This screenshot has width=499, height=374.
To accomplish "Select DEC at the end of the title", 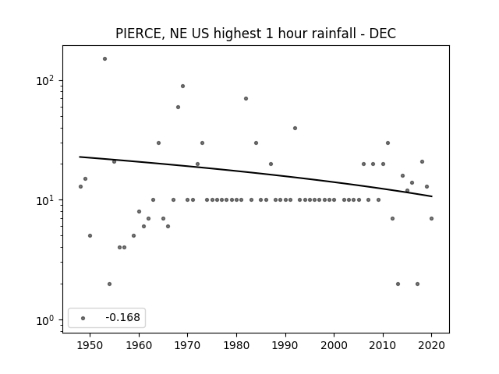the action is point(383,34).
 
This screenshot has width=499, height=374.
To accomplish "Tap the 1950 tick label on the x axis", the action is point(90,345).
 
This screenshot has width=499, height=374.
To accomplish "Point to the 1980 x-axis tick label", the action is point(236,345).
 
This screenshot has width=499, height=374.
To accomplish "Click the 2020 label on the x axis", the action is point(431,345).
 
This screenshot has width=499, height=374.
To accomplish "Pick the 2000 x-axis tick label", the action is point(334,345).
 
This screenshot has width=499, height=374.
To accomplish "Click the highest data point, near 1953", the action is point(104,59).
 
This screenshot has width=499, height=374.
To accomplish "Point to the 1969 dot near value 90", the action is point(182,86).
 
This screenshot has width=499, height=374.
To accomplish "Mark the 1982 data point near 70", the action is point(246,99).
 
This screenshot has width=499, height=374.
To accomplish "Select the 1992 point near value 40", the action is point(295,128).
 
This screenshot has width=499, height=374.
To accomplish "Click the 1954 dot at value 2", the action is point(109,284).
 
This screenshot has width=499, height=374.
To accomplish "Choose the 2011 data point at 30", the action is point(388,143).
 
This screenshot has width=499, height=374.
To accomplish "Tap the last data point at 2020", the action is point(431,218).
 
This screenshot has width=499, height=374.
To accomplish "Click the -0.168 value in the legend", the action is point(122,317).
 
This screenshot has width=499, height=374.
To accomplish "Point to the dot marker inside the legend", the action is point(83,318).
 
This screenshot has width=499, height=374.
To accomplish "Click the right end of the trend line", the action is point(432,196).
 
